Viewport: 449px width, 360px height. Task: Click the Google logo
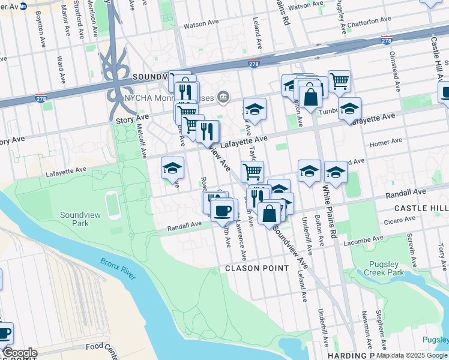pos(20,353)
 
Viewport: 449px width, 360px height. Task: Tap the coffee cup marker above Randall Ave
pos(223,210)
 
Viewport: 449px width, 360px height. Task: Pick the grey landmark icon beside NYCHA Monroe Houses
pos(223,96)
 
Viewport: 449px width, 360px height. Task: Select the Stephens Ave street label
pos(379,324)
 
